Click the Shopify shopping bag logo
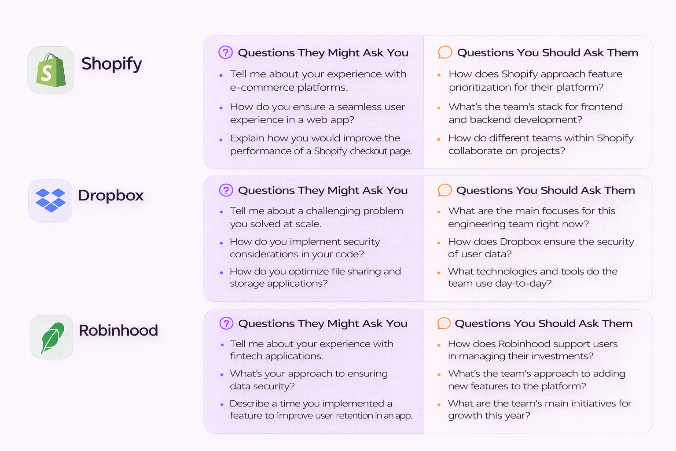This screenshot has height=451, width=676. coord(51,70)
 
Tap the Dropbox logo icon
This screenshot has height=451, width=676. coord(51,200)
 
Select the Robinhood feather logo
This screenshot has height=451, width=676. coord(52,337)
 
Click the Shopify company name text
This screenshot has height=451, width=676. coord(111,64)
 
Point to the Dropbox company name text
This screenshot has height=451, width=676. coord(110,195)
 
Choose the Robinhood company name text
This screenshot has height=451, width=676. coord(118,330)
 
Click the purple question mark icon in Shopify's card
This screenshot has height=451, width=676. coord(226,52)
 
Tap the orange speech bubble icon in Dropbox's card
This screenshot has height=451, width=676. coord(445,190)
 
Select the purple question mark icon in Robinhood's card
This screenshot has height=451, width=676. coord(226,323)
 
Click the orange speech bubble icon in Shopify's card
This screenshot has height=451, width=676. coord(445,52)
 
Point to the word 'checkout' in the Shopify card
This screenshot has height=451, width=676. coord(368,151)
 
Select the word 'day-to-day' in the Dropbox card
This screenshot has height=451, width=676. coord(523,284)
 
